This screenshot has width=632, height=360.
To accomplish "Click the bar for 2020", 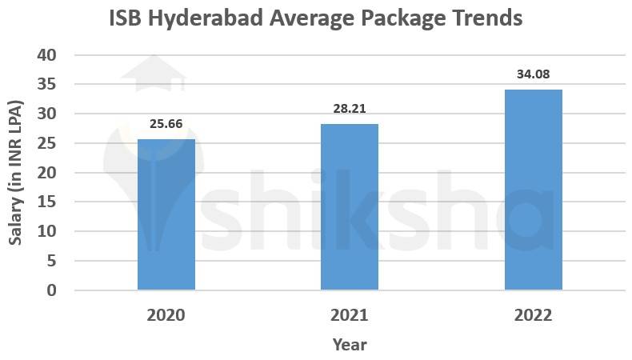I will click(x=166, y=214).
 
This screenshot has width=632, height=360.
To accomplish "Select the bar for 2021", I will click(x=350, y=206).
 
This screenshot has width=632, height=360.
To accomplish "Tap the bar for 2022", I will click(x=533, y=190).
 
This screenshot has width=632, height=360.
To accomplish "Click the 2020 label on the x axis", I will click(x=166, y=315).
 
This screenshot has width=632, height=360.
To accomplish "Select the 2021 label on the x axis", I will click(x=350, y=315).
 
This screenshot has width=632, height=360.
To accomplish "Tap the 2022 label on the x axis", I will click(x=533, y=315).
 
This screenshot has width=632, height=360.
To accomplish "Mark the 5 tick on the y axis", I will click(x=51, y=261).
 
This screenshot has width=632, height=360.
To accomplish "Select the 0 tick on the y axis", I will click(x=51, y=290).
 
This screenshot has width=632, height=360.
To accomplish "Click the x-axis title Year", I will click(x=350, y=345).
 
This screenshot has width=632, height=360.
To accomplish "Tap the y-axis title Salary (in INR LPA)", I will click(x=15, y=173).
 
